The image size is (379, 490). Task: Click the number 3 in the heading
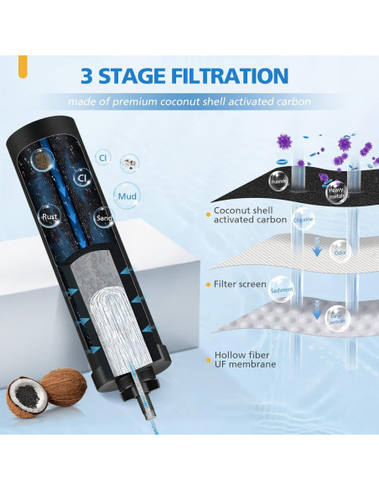89,76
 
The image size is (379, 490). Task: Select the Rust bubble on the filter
49,216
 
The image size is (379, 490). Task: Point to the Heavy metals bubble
336,190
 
